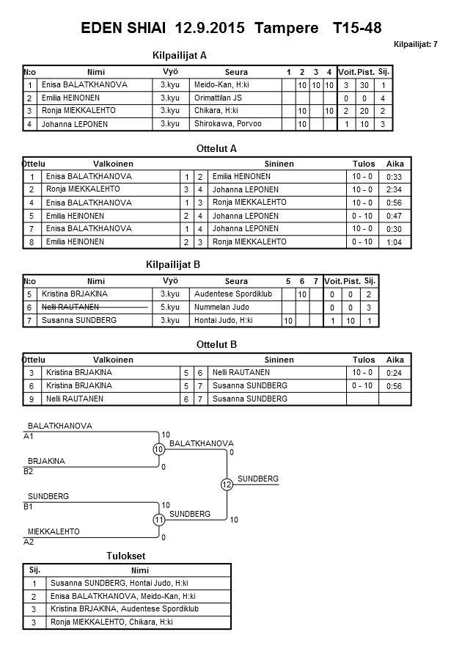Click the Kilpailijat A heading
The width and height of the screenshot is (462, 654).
point(180,55)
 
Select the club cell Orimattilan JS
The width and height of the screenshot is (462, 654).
point(218,98)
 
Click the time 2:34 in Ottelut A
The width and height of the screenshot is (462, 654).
point(394,189)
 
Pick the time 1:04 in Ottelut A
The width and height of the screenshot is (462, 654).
point(394,242)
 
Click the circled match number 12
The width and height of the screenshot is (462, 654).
point(227,484)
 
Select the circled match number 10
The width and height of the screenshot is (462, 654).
point(159,449)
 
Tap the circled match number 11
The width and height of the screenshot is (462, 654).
point(159,520)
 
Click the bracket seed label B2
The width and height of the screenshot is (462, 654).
point(29,471)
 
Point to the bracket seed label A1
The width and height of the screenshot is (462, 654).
point(29,436)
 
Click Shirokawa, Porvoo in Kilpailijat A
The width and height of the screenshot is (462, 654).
point(227,124)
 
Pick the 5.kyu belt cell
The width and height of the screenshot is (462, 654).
point(169,307)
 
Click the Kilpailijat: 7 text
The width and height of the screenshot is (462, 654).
point(415,45)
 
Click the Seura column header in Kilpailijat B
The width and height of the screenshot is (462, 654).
point(236,281)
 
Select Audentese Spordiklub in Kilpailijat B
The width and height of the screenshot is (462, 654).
point(232,294)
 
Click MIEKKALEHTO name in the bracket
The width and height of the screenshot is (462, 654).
point(54,531)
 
